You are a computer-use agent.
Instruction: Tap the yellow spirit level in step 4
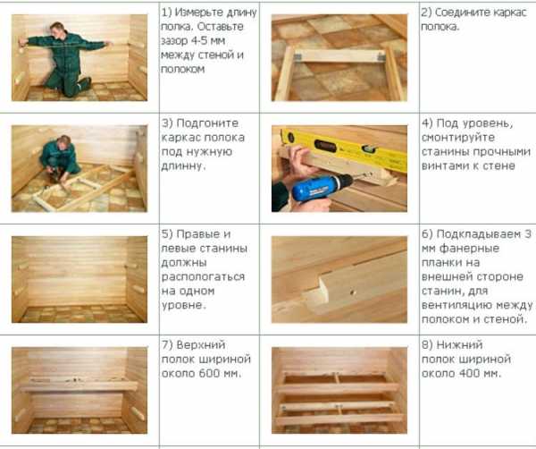345,148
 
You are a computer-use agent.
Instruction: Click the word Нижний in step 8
460,345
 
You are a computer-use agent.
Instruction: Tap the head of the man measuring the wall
57,29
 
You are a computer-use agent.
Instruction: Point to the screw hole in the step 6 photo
353,292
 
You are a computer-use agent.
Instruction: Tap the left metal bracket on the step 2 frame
297,57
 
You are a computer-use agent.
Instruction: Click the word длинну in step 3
183,166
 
